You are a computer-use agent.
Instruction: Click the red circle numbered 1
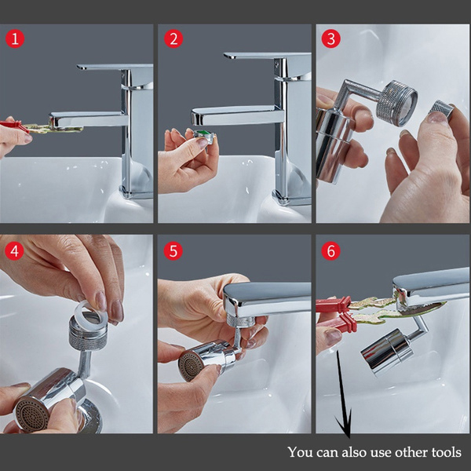point(15,39)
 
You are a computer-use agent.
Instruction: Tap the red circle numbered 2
point(173,39)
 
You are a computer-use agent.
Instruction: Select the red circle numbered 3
point(331,39)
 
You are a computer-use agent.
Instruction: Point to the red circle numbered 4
point(14,251)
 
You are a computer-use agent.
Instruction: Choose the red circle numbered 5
point(173,251)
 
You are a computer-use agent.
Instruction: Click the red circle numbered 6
point(330,251)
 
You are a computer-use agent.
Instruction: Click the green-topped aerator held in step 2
point(204,136)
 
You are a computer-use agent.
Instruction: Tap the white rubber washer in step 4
point(90,311)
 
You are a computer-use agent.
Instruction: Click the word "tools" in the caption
point(446,452)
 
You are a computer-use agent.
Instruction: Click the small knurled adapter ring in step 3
point(441,109)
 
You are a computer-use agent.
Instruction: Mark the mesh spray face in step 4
point(31,414)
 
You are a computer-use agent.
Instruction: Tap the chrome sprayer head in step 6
point(386,352)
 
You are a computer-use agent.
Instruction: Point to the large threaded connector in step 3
point(396,103)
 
